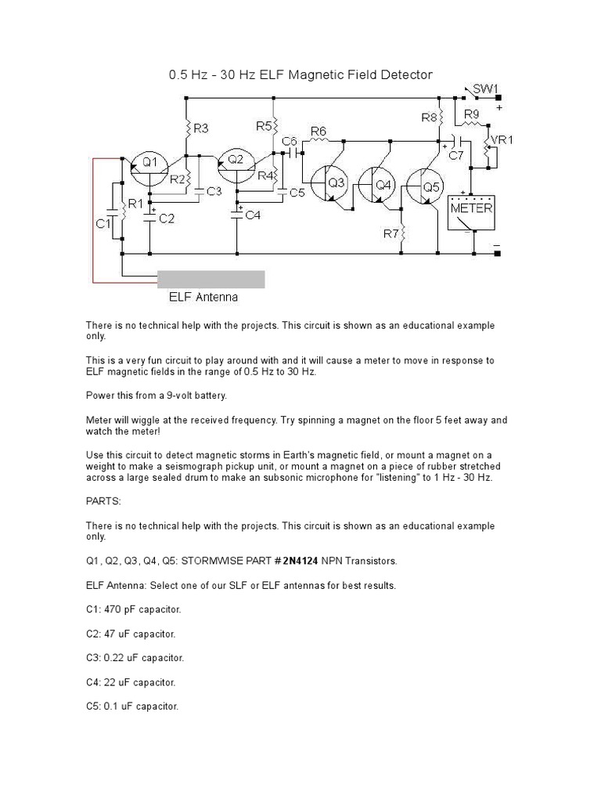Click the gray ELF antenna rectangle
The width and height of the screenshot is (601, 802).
211,280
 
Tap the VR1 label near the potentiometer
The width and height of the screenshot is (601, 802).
502,141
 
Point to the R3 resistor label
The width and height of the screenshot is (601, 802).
200,127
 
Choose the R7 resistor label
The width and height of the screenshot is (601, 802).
391,233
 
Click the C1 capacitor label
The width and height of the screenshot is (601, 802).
102,224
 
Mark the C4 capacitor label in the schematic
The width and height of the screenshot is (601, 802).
251,215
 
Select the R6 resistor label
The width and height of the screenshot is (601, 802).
318,131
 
